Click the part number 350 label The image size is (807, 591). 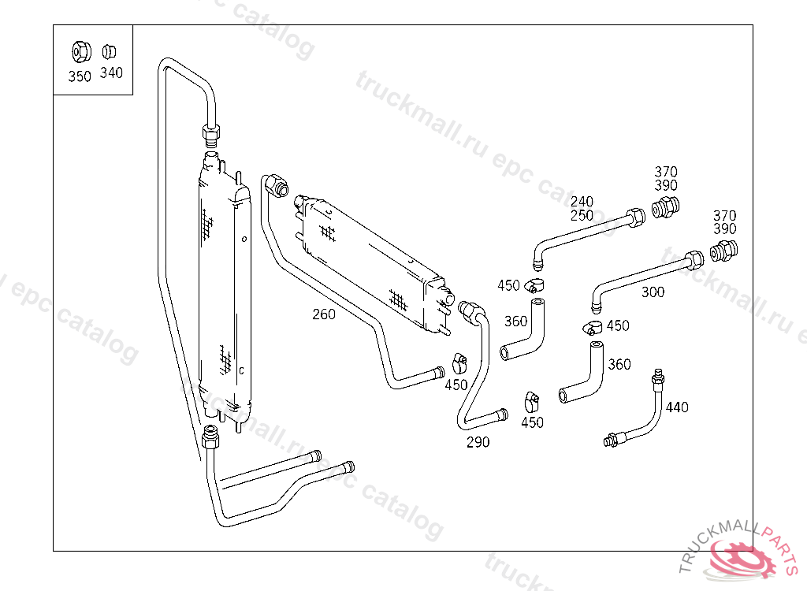click(80, 76)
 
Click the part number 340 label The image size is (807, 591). click(111, 73)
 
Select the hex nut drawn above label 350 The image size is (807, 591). click(80, 52)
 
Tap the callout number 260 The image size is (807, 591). click(323, 314)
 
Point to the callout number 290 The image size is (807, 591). click(478, 442)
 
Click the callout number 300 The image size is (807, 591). click(653, 292)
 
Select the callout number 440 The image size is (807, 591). click(676, 407)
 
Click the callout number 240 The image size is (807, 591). click(582, 202)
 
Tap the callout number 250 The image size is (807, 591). click(582, 215)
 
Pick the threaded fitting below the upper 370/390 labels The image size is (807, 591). click(667, 208)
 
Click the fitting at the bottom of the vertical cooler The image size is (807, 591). click(210, 435)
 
